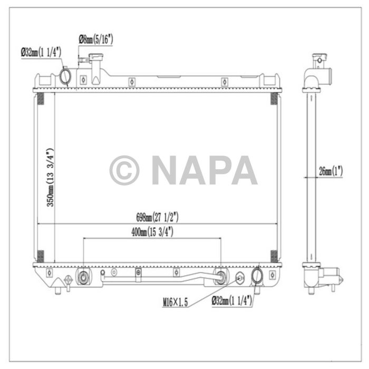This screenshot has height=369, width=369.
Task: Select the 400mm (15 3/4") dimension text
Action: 153,231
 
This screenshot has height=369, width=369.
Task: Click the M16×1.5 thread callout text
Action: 176,302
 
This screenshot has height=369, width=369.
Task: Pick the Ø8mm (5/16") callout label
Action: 95,39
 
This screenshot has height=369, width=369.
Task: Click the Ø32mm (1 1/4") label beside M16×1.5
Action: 231,302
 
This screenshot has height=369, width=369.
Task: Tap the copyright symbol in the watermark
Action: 124,170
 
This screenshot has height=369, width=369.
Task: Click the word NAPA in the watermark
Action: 205,170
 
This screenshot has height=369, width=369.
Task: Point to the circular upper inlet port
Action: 65,76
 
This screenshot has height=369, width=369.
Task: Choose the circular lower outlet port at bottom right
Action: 258,276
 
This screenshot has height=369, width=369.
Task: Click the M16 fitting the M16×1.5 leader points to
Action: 239,278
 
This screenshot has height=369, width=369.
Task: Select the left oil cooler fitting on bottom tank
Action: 83,277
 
